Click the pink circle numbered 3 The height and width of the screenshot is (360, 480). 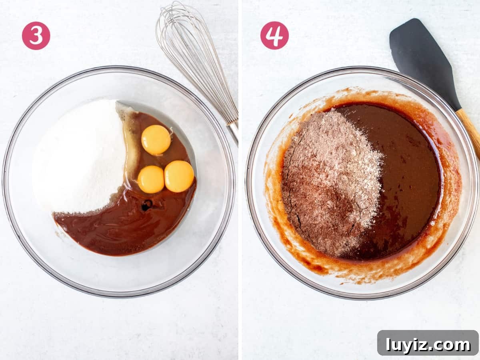[x=36, y=36]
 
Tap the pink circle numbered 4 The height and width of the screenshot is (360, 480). [x=274, y=36]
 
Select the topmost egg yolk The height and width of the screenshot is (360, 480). [x=156, y=140]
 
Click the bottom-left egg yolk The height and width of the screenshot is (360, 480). [x=151, y=179]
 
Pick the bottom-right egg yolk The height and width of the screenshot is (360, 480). [x=179, y=176]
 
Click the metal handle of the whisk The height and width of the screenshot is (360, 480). [x=234, y=132]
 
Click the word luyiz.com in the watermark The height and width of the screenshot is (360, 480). [x=428, y=345]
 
